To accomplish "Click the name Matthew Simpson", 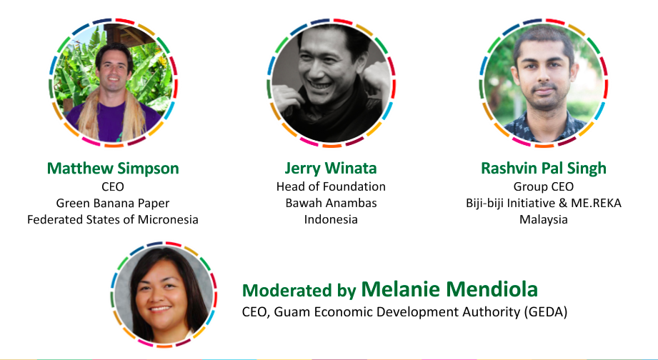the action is (113, 169).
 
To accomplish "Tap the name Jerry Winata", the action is (331, 169).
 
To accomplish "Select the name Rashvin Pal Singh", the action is (544, 169).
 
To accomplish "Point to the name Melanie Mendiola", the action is (449, 289).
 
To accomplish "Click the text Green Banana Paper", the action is (113, 203).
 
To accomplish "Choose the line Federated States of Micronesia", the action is (113, 219).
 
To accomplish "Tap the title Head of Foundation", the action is (331, 186).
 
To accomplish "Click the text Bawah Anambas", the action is (331, 203).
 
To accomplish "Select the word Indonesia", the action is (331, 219).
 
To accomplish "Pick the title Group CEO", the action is (544, 186).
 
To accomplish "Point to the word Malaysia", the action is (544, 220).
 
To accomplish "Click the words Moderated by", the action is (299, 290).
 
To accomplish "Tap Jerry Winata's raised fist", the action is (375, 80).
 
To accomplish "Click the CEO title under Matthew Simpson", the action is (113, 186).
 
